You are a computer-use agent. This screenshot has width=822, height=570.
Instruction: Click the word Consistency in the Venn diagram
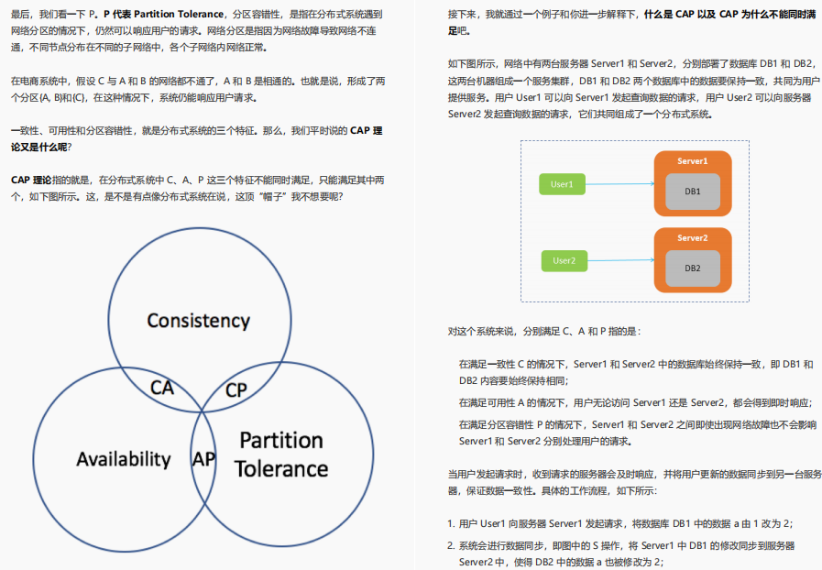coord(198,321)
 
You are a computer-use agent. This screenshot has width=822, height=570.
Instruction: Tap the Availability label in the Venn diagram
coord(124,459)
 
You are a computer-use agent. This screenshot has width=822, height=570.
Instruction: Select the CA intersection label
coord(162,388)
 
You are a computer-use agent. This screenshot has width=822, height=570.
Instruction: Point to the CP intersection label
coord(236,389)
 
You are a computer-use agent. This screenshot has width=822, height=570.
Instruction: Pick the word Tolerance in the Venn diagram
coord(280,469)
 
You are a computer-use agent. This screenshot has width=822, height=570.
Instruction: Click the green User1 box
coord(562,184)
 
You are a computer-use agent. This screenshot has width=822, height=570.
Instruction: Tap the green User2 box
coord(564,261)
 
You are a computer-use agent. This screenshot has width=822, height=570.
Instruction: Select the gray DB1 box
coord(692,192)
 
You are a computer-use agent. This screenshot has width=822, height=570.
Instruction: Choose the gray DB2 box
coord(692,268)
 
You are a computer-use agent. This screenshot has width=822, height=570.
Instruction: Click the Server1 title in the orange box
coord(692,161)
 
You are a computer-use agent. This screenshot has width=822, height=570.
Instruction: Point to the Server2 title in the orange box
coord(692,238)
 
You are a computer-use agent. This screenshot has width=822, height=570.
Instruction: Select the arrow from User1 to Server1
coord(619,184)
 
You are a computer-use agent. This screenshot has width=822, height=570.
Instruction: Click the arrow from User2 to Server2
coord(619,261)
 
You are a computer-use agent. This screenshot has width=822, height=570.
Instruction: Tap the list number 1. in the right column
coord(451,523)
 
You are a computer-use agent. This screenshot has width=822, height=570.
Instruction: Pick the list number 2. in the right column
coord(451,545)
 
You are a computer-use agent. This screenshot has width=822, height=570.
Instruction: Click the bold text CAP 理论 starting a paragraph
coord(31,180)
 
